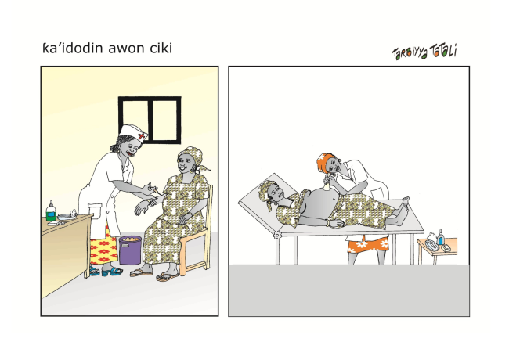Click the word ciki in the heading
(x=161, y=48)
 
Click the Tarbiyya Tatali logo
(x=424, y=52)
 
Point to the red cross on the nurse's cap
(x=142, y=135)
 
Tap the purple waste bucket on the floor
(x=130, y=250)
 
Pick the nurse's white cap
(x=133, y=132)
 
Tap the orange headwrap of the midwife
(x=325, y=161)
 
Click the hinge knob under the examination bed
(x=277, y=235)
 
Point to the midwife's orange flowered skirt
(x=368, y=244)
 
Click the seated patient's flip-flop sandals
(x=154, y=275)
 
